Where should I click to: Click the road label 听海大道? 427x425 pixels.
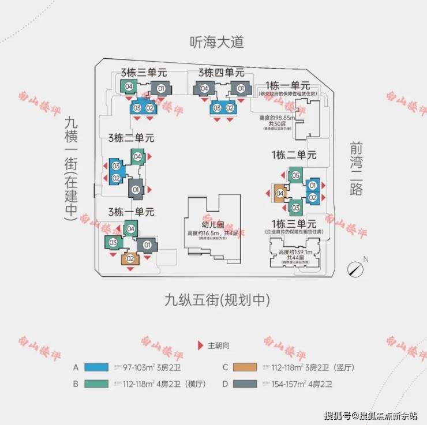pyautogui.click(x=217, y=42)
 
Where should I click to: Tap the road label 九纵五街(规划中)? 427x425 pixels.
pyautogui.click(x=217, y=300)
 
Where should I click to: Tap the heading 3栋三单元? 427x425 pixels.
pyautogui.click(x=143, y=73)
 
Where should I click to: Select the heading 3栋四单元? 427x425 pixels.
pyautogui.click(x=221, y=73)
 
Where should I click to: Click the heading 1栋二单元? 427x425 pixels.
pyautogui.click(x=294, y=155)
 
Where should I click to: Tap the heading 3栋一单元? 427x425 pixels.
pyautogui.click(x=132, y=212)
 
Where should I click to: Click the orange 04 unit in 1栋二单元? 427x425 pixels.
pyautogui.click(x=280, y=193)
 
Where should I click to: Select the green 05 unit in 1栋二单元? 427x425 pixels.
pyautogui.click(x=295, y=175)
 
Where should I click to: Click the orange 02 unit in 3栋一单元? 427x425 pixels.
pyautogui.click(x=130, y=258)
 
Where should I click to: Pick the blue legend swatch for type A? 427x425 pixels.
pyautogui.click(x=102, y=367)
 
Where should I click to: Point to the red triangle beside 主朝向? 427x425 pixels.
pyautogui.click(x=200, y=345)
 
